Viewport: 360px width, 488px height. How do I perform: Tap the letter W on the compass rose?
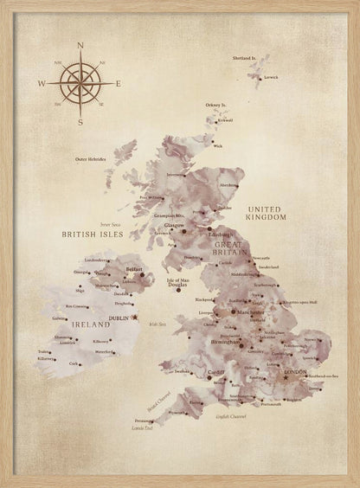pos(41,83)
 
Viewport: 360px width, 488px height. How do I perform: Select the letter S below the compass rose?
pos(80,123)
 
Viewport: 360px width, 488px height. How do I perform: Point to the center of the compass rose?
pos(80,83)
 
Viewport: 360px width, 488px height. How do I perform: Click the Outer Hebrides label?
pos(93,159)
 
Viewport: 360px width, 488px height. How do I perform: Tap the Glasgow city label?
pos(176,225)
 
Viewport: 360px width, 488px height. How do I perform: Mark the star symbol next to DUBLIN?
pos(134,318)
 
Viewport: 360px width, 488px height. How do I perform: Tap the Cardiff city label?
pos(215,373)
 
